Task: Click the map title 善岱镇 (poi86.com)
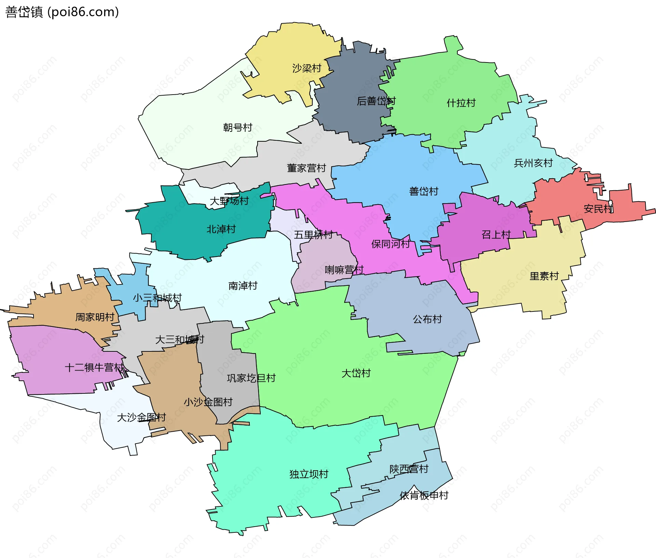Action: coord(62,12)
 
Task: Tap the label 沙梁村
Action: coord(306,68)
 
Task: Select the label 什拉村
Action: coord(461,103)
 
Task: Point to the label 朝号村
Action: coord(237,127)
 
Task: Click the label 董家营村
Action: coord(306,168)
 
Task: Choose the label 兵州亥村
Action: coord(533,163)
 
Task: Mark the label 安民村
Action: coord(598,208)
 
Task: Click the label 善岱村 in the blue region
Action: coord(424,191)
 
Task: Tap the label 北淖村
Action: coord(221,229)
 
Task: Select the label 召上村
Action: coord(496,235)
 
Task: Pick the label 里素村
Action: coord(544,276)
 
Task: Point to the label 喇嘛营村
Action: coord(344,270)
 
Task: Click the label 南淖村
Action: coord(243,285)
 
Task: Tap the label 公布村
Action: coord(427,319)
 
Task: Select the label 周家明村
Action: coord(95,317)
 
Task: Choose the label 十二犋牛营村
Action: coord(94,367)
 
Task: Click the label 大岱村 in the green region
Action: coord(356,373)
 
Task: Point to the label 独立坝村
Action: coord(309,474)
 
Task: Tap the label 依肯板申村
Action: coord(424,495)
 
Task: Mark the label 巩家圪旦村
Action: coord(251,378)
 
